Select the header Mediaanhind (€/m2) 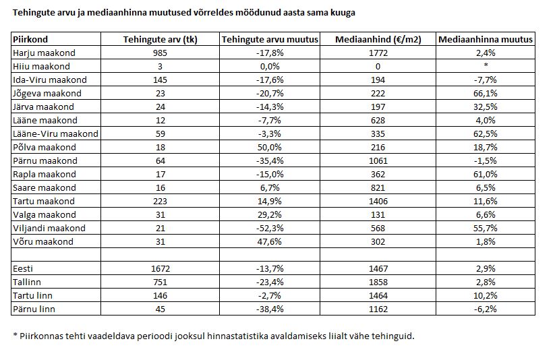378,39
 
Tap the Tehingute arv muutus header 270,39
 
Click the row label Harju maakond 44,53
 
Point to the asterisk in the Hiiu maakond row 486,65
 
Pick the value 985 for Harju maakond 160,53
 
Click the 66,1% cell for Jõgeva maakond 486,94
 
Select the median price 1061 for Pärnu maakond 378,160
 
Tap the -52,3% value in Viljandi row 270,229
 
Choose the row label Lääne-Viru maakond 55,133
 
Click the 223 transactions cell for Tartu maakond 160,202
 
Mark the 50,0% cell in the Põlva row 270,147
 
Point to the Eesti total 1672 160,269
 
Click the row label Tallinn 27,282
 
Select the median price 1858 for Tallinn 378,282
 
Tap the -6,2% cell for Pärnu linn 486,309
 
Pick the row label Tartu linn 32,295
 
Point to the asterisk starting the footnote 15,334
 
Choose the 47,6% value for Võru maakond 270,242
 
